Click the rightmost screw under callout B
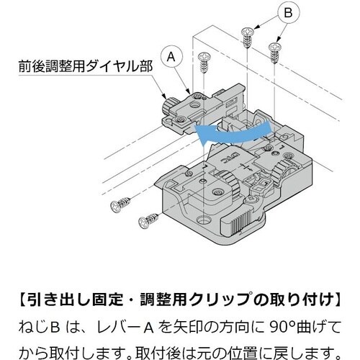274,50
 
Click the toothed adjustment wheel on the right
284,171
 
